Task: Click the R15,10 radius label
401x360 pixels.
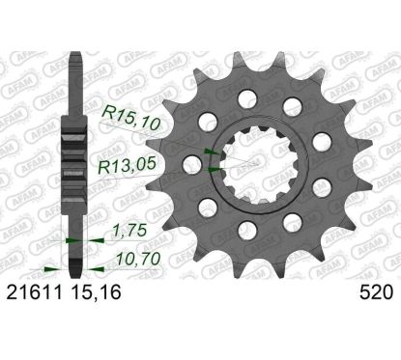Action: point(130,119)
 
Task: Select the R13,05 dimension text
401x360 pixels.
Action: point(128,166)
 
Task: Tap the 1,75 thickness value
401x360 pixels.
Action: point(129,231)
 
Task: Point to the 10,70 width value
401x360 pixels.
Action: point(138,259)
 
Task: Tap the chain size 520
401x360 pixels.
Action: point(376,292)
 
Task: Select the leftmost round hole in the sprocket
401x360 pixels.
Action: point(192,165)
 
